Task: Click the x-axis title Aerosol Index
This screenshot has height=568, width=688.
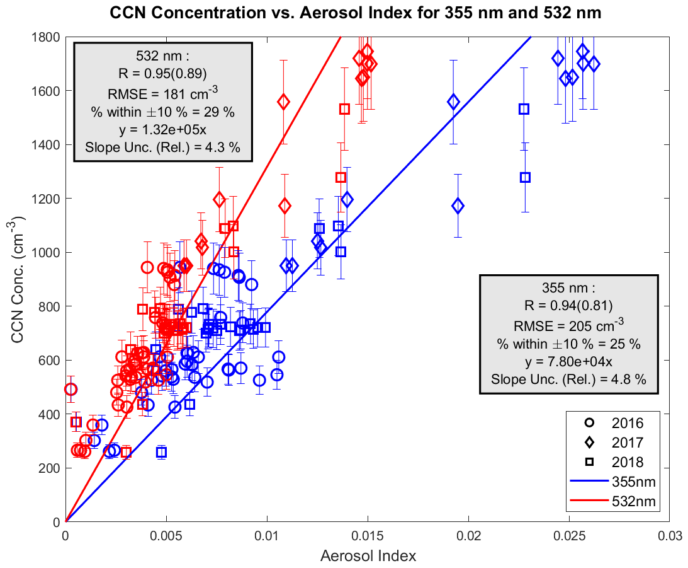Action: coord(368,556)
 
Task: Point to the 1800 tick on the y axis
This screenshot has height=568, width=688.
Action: coord(47,37)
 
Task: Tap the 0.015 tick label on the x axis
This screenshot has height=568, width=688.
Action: coord(368,535)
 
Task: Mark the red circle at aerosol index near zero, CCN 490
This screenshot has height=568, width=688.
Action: coord(70,390)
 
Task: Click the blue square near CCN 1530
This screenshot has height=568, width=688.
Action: coord(524,109)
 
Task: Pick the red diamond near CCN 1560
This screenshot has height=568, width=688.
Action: coord(283,101)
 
